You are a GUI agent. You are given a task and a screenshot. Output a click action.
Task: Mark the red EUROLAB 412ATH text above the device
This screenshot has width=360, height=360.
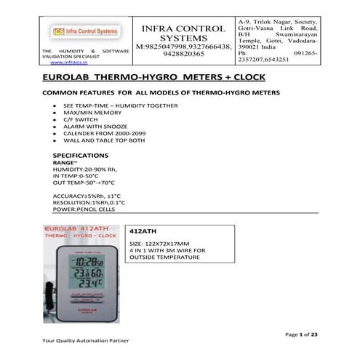(80, 228)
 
